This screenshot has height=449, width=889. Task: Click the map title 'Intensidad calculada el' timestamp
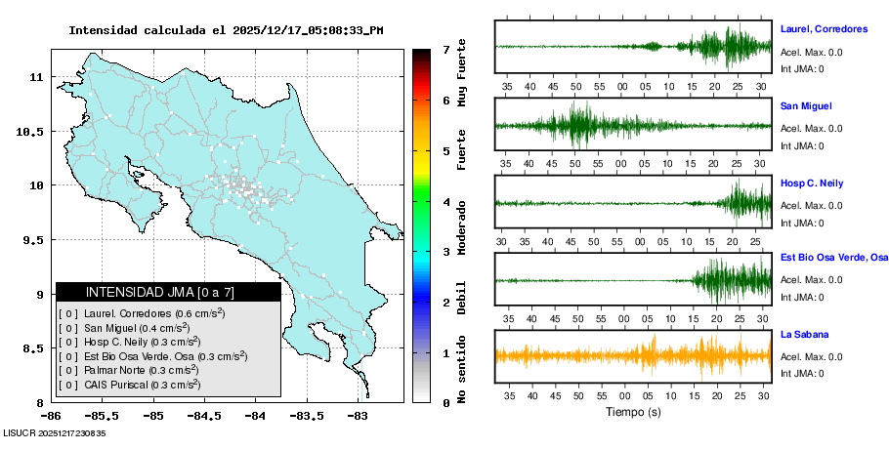click(226, 30)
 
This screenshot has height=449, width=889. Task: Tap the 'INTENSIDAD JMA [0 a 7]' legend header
click(168, 292)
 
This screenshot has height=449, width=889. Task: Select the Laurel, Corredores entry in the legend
click(142, 313)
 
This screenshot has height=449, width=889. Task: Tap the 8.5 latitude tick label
click(35, 348)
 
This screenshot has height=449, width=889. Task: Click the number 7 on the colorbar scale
click(445, 49)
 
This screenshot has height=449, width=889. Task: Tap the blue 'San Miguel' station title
click(806, 105)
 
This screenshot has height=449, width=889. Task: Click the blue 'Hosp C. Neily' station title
click(812, 184)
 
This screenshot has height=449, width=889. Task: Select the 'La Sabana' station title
click(803, 334)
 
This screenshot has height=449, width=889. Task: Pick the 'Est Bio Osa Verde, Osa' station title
click(833, 258)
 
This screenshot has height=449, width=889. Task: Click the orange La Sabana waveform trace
click(633, 354)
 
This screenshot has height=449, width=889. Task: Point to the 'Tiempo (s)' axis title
click(633, 411)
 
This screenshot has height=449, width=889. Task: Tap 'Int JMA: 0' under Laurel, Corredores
click(802, 68)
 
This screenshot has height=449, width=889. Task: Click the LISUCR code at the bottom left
click(54, 432)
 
